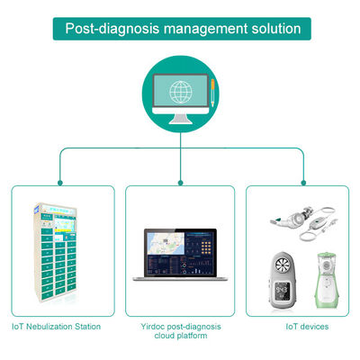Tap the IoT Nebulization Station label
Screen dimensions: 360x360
click(56, 326)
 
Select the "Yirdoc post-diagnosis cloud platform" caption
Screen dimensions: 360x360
click(179, 330)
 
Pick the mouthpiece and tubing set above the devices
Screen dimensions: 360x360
click(301, 221)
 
